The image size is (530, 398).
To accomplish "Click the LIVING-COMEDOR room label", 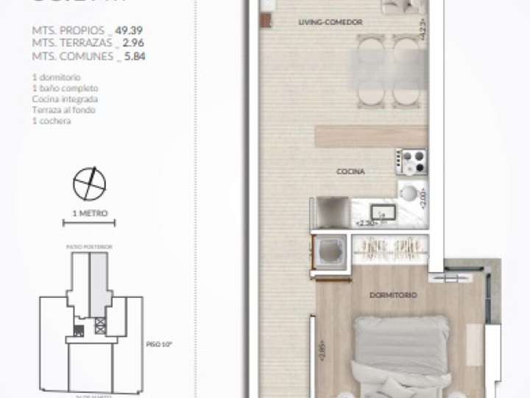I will (331, 23).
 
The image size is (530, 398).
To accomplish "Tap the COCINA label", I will (350, 171).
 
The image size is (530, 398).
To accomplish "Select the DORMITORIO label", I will (394, 295).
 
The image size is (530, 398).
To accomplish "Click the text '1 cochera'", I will (52, 121).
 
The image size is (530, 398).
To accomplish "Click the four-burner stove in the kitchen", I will (412, 161).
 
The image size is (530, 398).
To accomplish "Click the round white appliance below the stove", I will (409, 193).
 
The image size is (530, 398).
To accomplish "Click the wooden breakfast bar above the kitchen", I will (371, 136).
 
